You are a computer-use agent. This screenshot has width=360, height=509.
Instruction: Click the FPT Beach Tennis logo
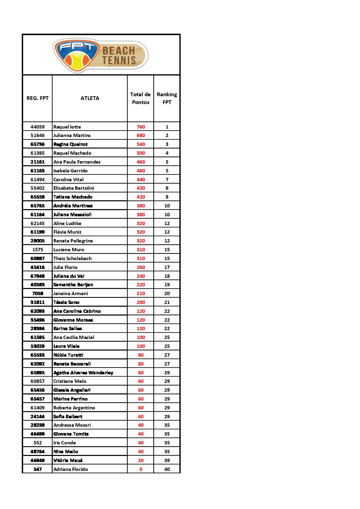pos(100,55)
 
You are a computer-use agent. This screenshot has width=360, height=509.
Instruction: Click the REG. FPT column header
pos(37,98)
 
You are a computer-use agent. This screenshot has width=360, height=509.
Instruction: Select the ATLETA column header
pos(90,98)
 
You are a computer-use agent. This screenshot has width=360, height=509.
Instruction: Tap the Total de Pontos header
pos(141,98)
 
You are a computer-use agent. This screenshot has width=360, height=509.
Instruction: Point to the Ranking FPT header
pos(167,98)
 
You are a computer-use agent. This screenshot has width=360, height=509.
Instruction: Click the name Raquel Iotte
pos(67,127)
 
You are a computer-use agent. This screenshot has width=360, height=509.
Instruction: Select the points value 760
pos(141,127)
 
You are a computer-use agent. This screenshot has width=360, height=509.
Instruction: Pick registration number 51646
pos(37,135)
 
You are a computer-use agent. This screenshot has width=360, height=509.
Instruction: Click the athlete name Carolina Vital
pos(68,180)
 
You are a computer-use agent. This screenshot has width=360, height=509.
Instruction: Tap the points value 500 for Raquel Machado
pos(141,153)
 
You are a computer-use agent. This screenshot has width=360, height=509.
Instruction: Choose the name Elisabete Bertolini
pos(74,188)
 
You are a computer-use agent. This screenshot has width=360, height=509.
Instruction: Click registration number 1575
pos(37,250)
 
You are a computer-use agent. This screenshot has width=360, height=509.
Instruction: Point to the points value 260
pos(141,267)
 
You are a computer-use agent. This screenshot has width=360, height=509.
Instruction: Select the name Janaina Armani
pos(70,293)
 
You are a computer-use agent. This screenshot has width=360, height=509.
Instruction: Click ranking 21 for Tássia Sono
pos(167,302)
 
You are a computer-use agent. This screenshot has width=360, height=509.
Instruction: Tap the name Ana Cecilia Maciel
pos(74,337)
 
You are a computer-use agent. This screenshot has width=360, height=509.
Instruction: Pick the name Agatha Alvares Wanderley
pos(83,373)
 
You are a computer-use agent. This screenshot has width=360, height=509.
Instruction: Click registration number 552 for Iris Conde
pos(37,443)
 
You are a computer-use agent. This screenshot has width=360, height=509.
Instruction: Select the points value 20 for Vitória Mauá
pos(141,460)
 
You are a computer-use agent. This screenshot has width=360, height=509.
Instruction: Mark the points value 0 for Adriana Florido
pos(141,469)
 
